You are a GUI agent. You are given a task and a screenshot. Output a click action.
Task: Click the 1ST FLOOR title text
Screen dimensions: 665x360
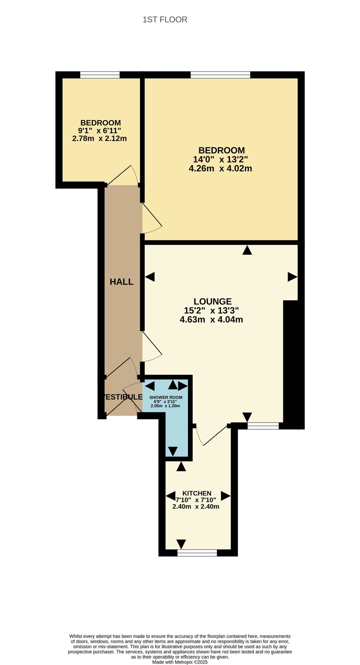click(x=165, y=20)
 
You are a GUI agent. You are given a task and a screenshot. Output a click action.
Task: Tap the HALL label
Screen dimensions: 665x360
click(x=122, y=282)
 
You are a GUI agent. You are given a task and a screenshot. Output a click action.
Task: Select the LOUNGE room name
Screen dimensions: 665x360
click(x=212, y=302)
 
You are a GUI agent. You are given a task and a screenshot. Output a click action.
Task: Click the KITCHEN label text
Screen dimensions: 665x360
click(x=197, y=493)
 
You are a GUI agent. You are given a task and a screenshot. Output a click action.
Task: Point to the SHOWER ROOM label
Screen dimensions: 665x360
click(x=166, y=397)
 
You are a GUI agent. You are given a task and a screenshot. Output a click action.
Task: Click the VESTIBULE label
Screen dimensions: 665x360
click(x=122, y=397)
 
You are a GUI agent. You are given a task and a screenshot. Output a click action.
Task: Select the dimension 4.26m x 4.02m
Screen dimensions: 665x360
click(x=220, y=169)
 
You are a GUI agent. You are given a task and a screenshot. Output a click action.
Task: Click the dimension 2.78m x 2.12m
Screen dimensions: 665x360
click(x=99, y=139)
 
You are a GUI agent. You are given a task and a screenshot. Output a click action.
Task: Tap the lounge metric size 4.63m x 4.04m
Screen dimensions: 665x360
click(x=211, y=320)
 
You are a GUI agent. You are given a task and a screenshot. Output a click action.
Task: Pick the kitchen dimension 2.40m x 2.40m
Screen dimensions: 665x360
click(x=196, y=507)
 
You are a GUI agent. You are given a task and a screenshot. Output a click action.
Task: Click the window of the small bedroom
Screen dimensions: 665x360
click(x=100, y=75)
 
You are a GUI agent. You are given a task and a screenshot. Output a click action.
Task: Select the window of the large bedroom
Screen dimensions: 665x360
click(x=220, y=75)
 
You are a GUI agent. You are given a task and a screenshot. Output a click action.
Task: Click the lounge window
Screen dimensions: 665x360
click(x=263, y=426)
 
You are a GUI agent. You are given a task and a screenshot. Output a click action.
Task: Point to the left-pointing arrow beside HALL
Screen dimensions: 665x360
click(x=150, y=277)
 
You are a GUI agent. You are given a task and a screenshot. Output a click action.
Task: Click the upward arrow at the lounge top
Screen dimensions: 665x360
click(x=247, y=250)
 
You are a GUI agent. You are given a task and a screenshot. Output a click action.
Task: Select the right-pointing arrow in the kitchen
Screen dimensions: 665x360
click(x=226, y=496)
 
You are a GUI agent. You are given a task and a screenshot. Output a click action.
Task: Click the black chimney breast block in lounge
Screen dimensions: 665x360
click(x=290, y=362)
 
